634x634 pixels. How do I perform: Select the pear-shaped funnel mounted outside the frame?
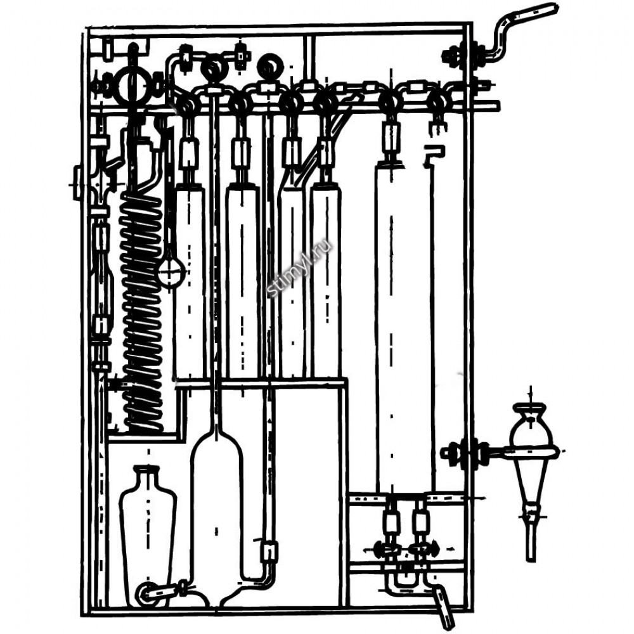click(531, 469)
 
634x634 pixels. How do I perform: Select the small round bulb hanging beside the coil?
click(171, 271)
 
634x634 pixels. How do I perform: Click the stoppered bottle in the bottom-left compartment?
click(147, 526)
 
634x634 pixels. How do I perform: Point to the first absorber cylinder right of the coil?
click(190, 279)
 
